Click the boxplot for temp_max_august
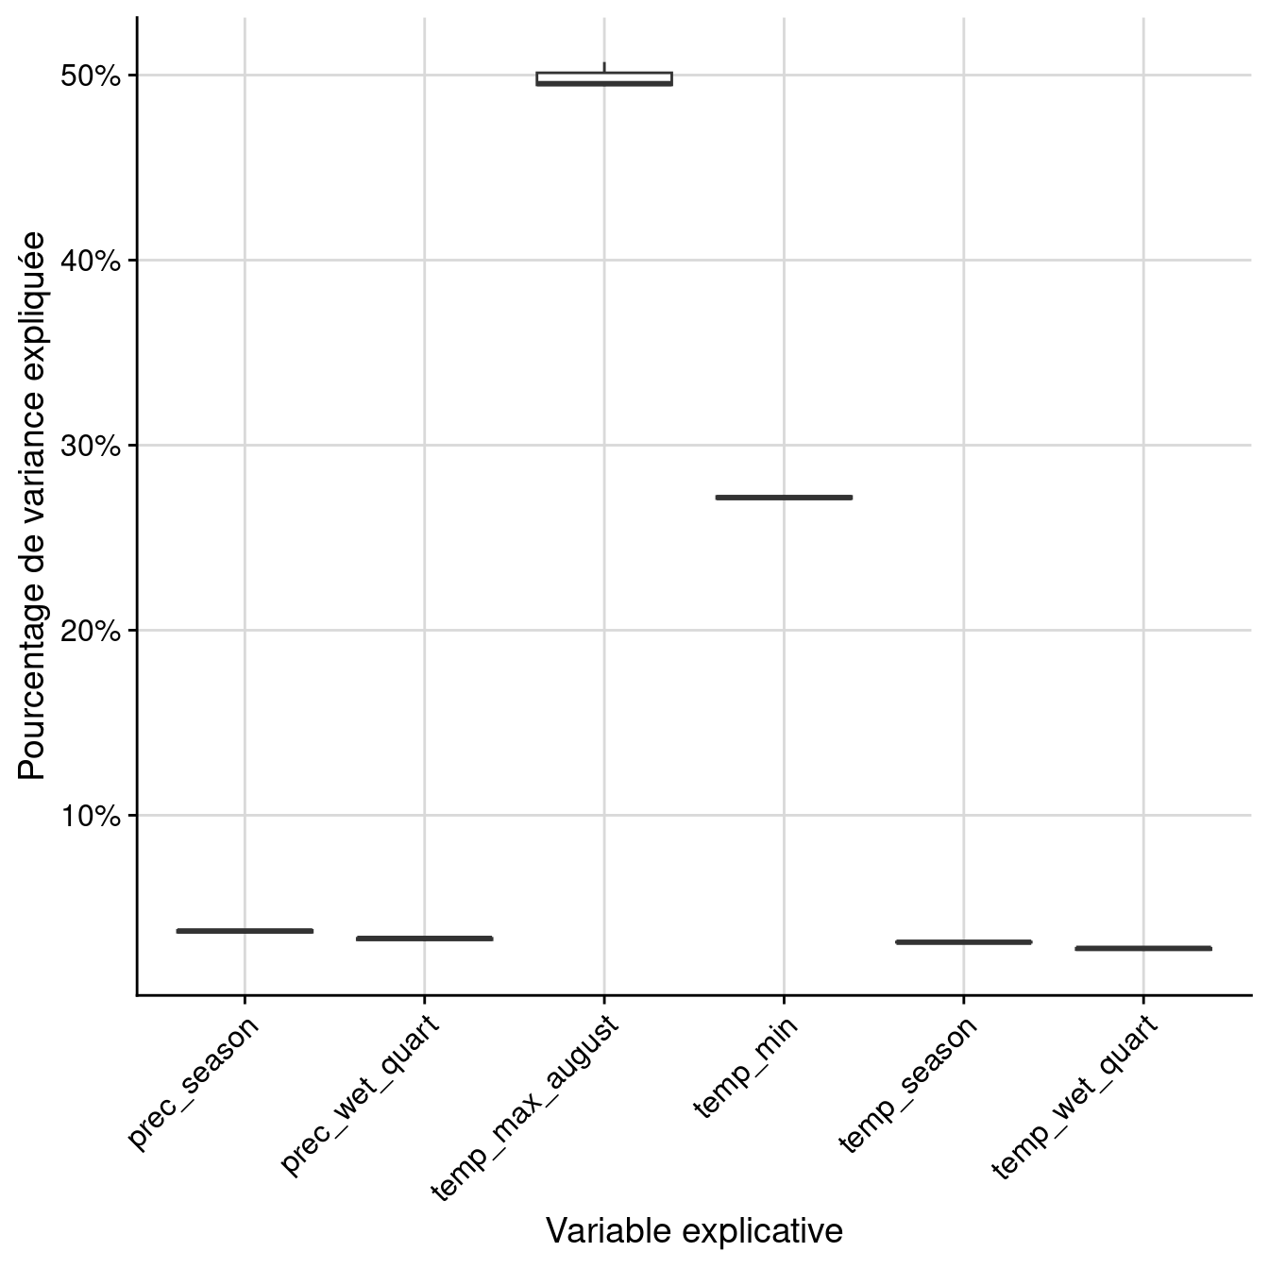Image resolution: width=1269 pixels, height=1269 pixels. point(604,78)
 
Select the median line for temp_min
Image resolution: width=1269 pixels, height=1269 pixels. point(784,497)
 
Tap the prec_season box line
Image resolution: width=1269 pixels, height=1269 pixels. point(245,931)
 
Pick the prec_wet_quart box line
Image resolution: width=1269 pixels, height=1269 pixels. point(425,939)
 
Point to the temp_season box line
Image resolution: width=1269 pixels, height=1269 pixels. point(963,942)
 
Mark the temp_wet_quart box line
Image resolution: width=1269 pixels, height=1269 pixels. point(1142,948)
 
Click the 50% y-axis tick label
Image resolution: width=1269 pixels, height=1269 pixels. point(91,76)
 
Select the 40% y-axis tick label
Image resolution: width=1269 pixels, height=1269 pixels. point(91,261)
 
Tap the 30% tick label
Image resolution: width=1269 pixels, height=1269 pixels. point(91,446)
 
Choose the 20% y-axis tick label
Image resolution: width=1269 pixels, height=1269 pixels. point(91,631)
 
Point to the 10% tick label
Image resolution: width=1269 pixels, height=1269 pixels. point(91,816)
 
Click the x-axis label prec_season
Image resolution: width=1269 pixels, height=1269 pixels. point(194,1083)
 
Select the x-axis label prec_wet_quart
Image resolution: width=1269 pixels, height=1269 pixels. point(361,1095)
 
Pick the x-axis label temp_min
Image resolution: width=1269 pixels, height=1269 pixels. point(746,1068)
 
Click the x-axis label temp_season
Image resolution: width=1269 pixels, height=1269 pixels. point(907,1085)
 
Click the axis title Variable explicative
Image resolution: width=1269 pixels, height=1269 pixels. point(694,1231)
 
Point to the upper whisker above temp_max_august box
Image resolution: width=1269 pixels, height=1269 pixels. point(604,66)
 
